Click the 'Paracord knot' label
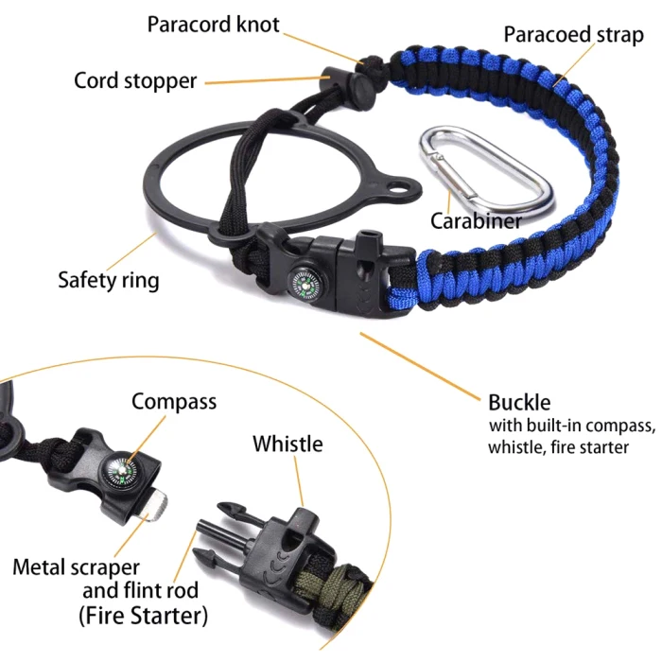[x=213, y=25]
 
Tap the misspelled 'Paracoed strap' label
[x=573, y=36]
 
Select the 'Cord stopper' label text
[x=135, y=80]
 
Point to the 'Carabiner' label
[x=476, y=221]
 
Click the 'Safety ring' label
[x=109, y=280]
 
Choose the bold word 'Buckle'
[x=519, y=402]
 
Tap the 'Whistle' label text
[x=287, y=444]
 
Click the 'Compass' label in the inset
[x=174, y=401]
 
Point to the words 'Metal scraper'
[x=76, y=567]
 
